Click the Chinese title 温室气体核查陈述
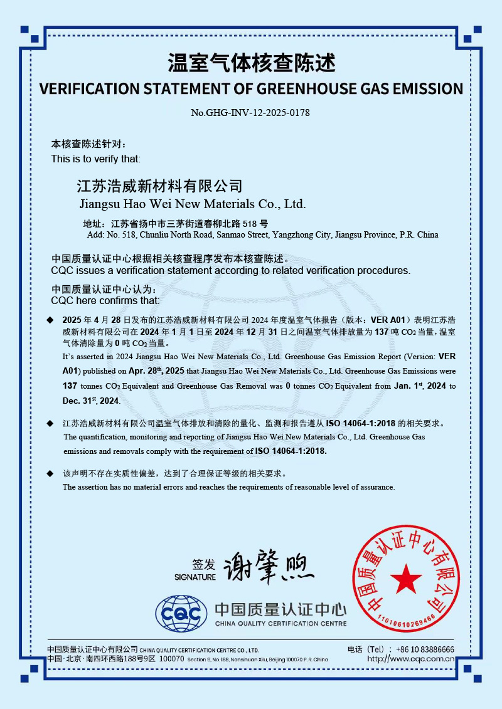coord(251,63)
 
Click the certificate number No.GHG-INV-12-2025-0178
coord(250,113)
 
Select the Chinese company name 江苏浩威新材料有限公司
coord(159,186)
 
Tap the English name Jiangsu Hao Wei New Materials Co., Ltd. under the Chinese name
coord(193,204)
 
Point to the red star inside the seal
coord(406,578)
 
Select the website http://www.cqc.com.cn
coord(410,659)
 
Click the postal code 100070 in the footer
coord(172,659)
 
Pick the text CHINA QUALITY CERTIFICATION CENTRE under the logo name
coord(280,624)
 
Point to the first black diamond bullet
coord(51,320)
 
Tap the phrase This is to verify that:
coord(96,159)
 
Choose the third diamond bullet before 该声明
coord(51,474)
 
